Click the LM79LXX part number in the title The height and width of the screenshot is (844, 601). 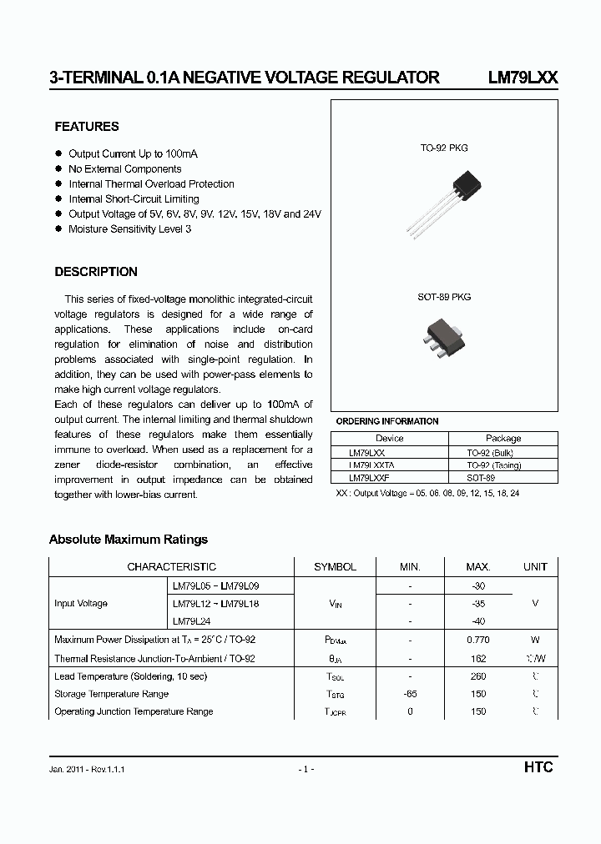click(x=523, y=78)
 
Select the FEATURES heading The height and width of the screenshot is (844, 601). click(x=87, y=127)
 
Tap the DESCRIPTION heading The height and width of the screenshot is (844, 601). click(x=96, y=272)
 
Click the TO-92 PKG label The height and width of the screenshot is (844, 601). click(x=444, y=148)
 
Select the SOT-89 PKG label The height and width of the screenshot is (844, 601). click(x=444, y=297)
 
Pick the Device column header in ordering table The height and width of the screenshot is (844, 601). click(x=389, y=438)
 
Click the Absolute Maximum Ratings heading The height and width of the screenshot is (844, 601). click(x=129, y=540)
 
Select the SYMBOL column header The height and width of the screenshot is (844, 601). click(x=335, y=566)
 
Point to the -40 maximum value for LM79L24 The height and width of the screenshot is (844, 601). click(x=478, y=621)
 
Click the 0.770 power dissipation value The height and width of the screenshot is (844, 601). click(x=478, y=641)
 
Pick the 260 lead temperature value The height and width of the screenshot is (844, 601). click(x=478, y=676)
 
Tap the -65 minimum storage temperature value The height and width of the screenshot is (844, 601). click(x=410, y=694)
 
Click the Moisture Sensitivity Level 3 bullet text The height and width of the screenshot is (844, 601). click(x=129, y=229)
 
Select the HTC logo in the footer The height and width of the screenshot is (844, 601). click(x=538, y=767)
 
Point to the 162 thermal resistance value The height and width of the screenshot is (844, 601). click(x=478, y=658)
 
